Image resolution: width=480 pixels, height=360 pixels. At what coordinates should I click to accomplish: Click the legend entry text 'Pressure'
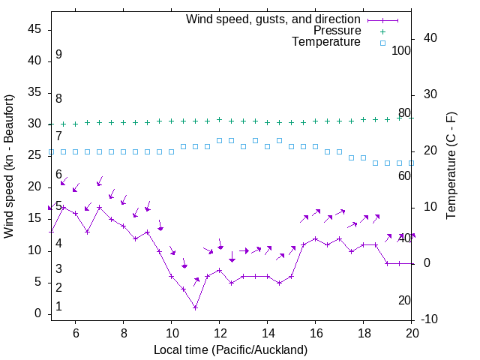click(337, 31)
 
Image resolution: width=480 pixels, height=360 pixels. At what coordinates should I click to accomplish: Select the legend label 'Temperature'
click(326, 42)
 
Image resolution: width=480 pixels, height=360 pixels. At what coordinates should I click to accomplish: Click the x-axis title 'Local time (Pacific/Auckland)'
click(230, 349)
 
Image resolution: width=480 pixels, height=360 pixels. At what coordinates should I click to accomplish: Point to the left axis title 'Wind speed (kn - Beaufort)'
click(9, 166)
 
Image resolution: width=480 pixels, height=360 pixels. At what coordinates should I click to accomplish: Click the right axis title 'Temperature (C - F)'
click(451, 166)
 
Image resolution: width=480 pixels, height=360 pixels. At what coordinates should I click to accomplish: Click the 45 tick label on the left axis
click(34, 29)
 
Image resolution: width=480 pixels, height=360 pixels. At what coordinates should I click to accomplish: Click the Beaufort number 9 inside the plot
click(58, 55)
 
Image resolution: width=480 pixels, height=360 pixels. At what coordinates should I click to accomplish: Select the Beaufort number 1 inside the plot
click(58, 307)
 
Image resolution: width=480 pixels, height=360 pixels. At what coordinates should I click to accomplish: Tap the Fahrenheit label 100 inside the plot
click(401, 51)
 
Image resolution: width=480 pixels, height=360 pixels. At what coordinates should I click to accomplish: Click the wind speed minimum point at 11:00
click(195, 307)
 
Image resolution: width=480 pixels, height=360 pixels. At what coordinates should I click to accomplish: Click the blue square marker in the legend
click(382, 43)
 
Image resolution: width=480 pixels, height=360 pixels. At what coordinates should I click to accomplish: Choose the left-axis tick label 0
click(38, 314)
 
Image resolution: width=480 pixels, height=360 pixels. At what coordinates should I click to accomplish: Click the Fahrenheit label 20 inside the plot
click(404, 300)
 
